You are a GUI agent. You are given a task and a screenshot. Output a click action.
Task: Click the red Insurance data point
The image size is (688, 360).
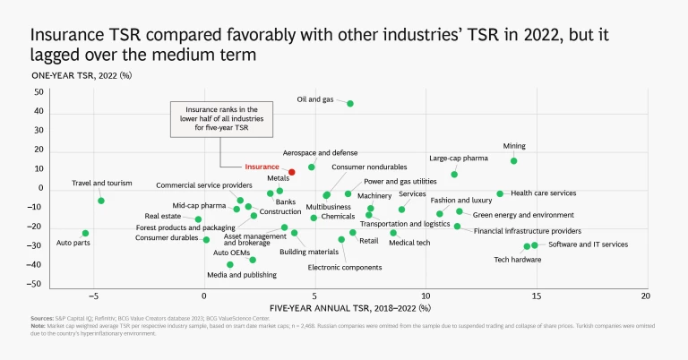[292, 171]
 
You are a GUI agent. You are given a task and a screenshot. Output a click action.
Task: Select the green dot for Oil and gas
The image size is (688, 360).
[350, 103]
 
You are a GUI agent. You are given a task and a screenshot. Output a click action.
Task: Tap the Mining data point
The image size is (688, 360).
[513, 161]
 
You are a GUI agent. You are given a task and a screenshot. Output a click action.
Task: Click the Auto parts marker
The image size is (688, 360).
[85, 234]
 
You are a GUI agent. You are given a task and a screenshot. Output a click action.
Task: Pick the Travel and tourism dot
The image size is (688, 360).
[101, 201]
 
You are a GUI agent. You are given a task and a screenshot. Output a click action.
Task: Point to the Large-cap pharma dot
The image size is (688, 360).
[454, 175]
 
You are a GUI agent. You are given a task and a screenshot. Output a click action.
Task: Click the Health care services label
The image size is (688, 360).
[543, 193]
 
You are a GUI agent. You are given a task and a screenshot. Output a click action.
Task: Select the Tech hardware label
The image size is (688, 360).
[518, 260]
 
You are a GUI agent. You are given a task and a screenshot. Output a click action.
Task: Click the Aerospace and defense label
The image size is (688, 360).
[320, 153]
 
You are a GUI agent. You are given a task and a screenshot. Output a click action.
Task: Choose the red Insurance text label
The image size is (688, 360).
[262, 167]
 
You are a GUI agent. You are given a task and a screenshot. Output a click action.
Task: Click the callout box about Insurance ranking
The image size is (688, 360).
[219, 118]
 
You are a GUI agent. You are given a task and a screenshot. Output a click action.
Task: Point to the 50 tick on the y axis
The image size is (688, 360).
[39, 92]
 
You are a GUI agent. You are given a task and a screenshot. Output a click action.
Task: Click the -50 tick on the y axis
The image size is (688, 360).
[37, 284]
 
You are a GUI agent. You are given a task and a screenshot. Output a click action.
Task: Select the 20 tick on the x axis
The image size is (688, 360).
[646, 296]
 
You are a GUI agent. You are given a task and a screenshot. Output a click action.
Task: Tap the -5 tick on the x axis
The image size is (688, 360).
[93, 296]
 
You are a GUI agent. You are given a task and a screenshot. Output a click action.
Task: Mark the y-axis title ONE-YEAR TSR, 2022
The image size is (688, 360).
[82, 75]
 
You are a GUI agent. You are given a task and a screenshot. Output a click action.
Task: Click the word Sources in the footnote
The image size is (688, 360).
[41, 318]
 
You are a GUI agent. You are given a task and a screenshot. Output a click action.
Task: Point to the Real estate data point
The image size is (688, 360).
[198, 219]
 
